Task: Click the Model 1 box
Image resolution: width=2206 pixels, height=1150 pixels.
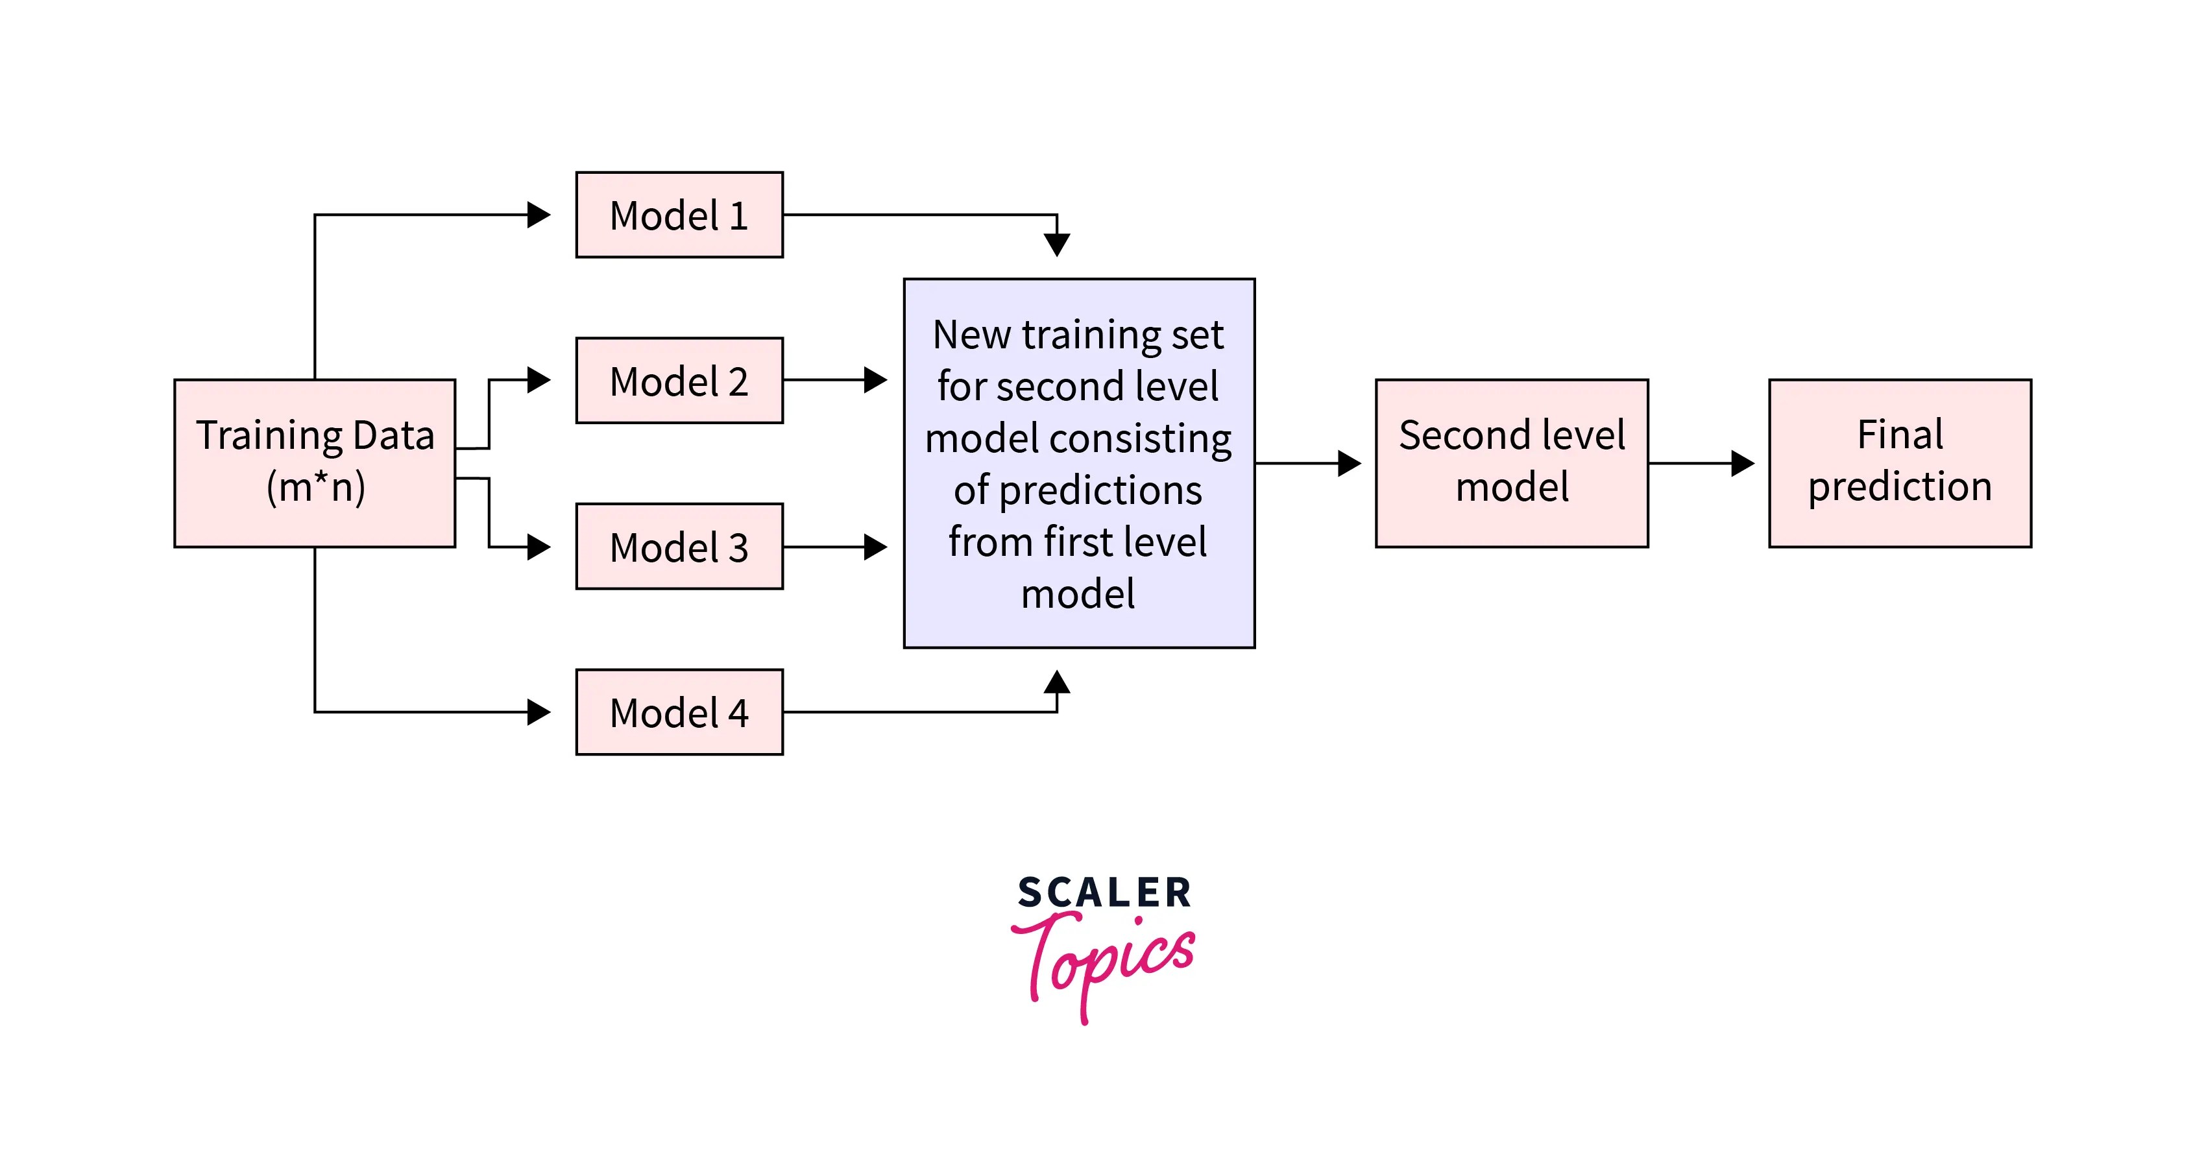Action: (679, 215)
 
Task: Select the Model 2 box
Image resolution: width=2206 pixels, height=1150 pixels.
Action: (679, 380)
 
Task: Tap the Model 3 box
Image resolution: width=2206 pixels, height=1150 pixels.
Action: (679, 546)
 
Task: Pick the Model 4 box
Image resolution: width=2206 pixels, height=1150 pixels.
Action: (679, 712)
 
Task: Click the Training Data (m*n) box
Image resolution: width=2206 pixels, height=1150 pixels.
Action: (314, 463)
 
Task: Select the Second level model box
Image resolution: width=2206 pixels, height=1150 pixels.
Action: (1512, 463)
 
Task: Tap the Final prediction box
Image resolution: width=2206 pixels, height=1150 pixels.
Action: (1899, 463)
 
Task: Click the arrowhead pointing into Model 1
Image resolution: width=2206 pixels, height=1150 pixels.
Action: (539, 215)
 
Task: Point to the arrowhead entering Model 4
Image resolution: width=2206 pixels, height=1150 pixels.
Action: (539, 712)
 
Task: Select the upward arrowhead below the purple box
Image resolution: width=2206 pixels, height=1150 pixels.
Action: (1057, 682)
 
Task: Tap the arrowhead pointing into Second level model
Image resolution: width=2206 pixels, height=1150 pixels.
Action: (1349, 463)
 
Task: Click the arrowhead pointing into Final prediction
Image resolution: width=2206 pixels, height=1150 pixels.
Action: (1742, 463)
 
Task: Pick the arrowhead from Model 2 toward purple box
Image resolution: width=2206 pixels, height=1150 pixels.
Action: (875, 379)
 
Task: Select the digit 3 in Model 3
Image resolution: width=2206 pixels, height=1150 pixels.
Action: (738, 548)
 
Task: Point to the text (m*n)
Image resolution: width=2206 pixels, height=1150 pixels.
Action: (316, 487)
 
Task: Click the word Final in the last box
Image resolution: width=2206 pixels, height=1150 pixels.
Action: (1899, 435)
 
